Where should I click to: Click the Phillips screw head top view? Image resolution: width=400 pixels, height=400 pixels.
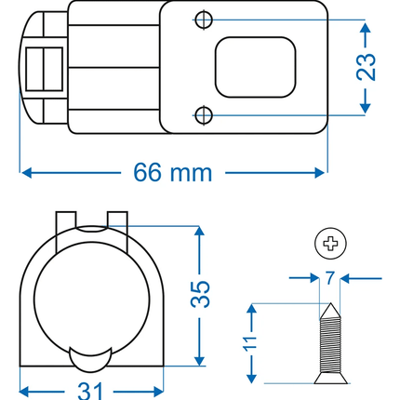328,245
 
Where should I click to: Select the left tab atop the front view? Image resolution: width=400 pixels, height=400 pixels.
65,220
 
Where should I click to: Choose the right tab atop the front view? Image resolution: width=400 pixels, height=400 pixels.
116,220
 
